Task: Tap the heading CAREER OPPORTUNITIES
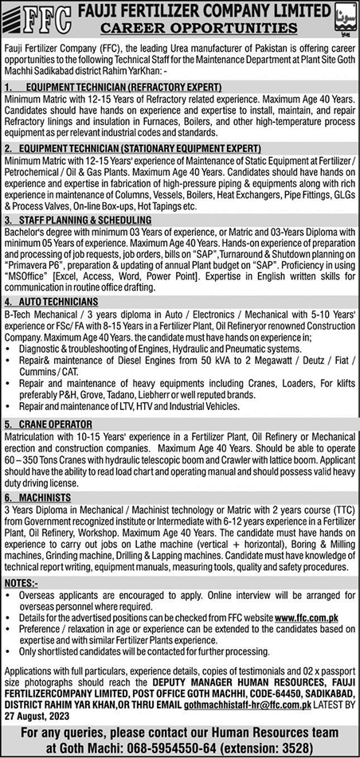point(213,27)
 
